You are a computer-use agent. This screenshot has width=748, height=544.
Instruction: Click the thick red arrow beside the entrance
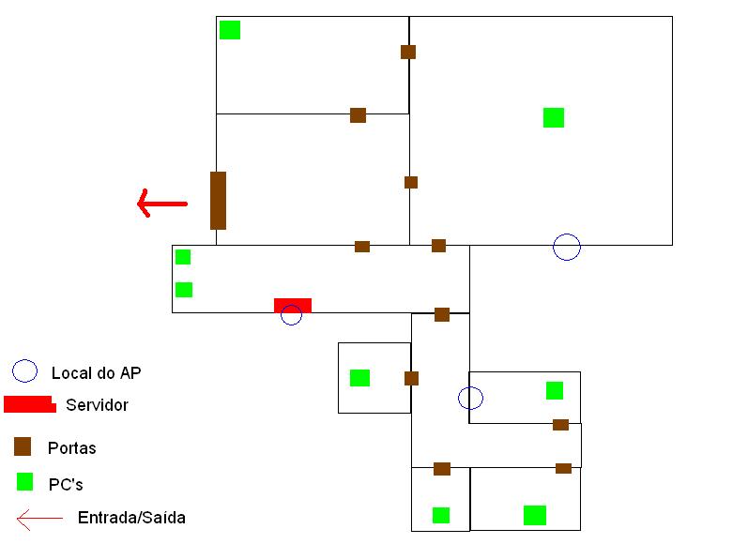[x=161, y=203]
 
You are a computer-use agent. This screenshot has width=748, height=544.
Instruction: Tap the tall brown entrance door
[x=218, y=200]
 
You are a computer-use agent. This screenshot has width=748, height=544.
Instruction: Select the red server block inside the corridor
[x=292, y=305]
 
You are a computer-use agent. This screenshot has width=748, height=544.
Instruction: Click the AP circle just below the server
[x=292, y=315]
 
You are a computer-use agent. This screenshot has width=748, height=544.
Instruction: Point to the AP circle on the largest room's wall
[x=567, y=247]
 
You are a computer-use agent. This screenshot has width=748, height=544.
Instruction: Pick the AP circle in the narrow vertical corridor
[x=470, y=398]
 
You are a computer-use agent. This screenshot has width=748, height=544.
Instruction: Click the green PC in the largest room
[x=554, y=117]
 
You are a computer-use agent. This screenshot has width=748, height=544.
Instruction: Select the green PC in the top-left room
[x=230, y=30]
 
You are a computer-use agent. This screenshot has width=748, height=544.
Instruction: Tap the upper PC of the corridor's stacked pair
[x=183, y=257]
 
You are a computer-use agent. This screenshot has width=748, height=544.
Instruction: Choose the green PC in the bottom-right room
[x=535, y=515]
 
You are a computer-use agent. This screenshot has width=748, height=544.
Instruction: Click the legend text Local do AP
[x=96, y=373]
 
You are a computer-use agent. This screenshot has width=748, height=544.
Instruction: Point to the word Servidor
[x=97, y=406]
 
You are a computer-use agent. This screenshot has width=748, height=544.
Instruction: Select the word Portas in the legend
[x=72, y=448]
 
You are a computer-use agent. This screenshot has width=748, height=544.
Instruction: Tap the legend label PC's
[x=66, y=485]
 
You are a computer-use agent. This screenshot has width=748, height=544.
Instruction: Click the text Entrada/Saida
[x=131, y=518]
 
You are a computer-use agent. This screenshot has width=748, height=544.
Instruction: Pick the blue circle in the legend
[x=24, y=371]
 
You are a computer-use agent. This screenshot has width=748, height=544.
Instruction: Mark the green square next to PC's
[x=25, y=482]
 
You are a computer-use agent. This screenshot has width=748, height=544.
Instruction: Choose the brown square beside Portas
[x=23, y=446]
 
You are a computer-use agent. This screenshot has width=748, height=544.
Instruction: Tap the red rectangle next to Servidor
[x=29, y=404]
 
